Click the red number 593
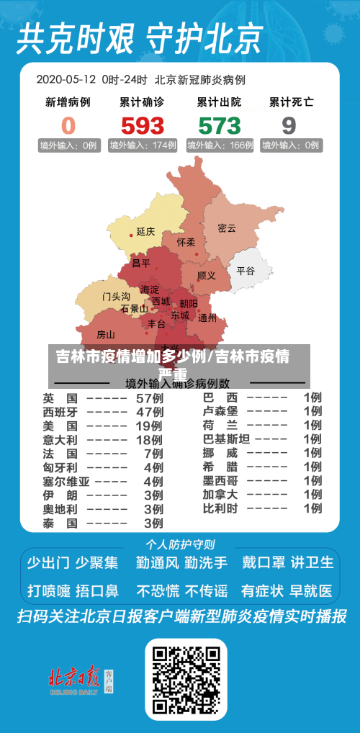coord(142,125)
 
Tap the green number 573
coord(219,125)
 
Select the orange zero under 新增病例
coord(68,125)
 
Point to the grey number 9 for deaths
coord(289,125)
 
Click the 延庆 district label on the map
coord(145,232)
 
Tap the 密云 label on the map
coord(227,228)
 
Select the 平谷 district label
coord(246,271)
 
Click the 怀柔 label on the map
coord(186,243)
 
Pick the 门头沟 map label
coord(115,296)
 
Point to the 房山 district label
coord(105,334)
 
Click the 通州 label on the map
coord(207,317)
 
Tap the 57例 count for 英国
coord(150,398)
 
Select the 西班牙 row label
coord(60,412)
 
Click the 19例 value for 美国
coord(150,426)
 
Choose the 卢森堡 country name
coord(220,412)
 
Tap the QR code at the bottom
coord(186,678)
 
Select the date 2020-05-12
coord(66,79)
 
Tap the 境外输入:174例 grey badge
coord(143,145)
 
